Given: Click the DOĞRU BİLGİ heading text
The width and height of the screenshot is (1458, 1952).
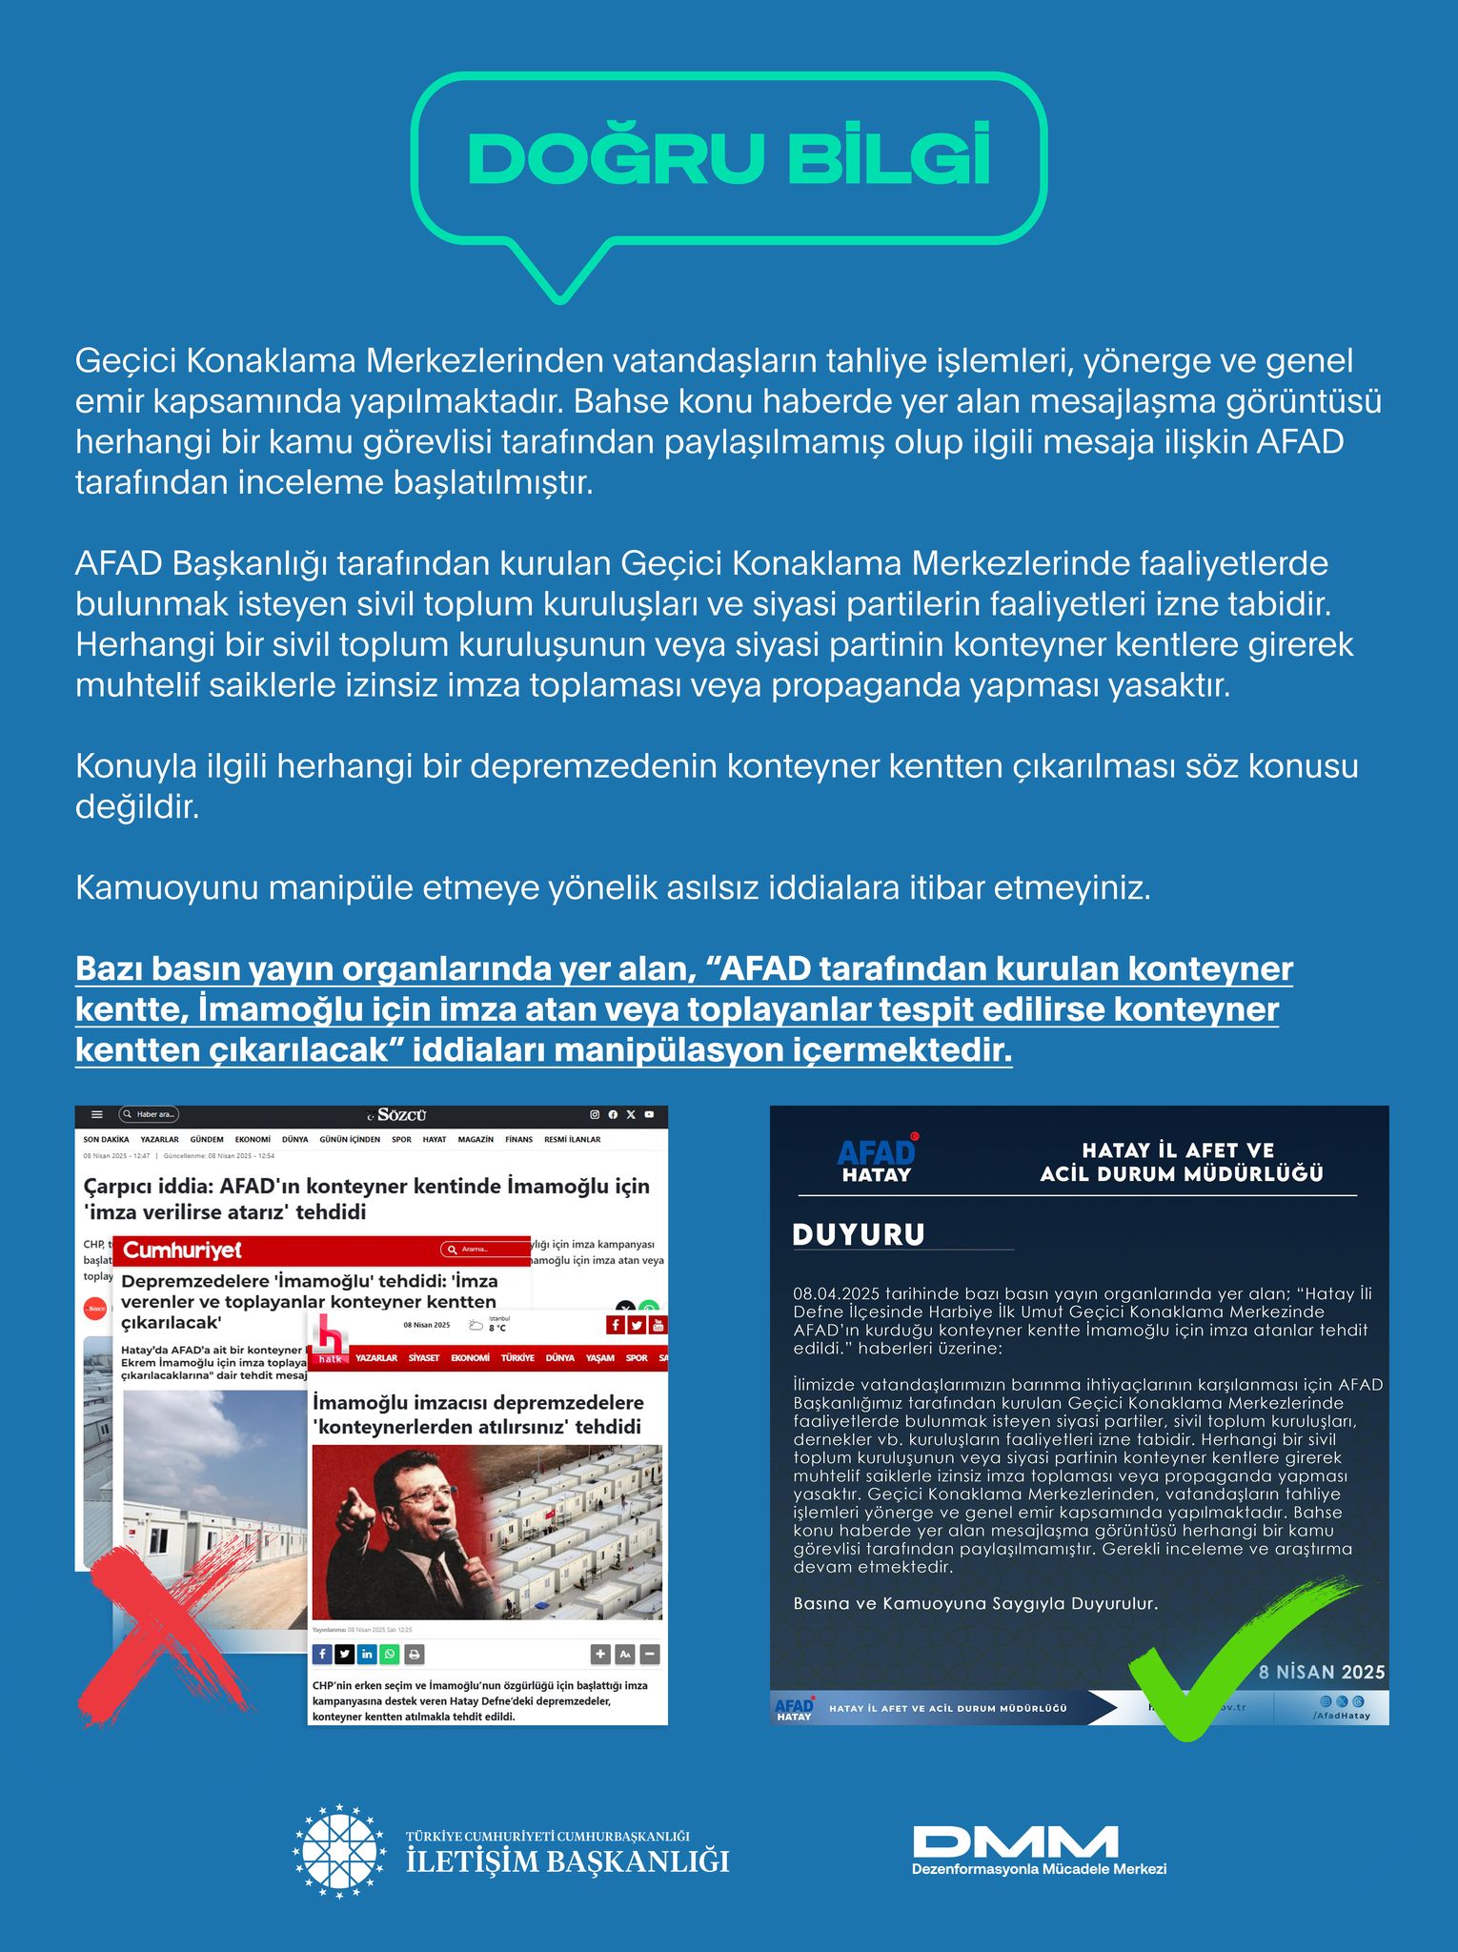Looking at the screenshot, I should pyautogui.click(x=729, y=157).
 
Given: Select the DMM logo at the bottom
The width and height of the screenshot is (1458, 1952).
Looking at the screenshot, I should pyautogui.click(x=1015, y=1840).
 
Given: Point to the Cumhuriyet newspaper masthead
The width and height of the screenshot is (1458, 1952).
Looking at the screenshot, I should pyautogui.click(x=183, y=1250).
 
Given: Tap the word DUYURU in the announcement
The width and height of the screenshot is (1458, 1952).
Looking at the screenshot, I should pyautogui.click(x=859, y=1234).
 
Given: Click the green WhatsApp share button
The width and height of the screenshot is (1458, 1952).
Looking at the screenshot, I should pyautogui.click(x=390, y=1655).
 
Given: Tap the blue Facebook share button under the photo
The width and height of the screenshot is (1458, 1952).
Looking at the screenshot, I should pyautogui.click(x=322, y=1655).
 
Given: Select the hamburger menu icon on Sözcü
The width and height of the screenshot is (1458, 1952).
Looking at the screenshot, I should pyautogui.click(x=96, y=1114).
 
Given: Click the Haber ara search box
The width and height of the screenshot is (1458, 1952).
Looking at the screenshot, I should pyautogui.click(x=149, y=1114).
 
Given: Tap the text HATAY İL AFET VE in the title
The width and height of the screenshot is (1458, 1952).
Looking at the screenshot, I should pyautogui.click(x=1178, y=1150).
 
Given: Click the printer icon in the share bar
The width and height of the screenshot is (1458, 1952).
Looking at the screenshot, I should pyautogui.click(x=414, y=1655).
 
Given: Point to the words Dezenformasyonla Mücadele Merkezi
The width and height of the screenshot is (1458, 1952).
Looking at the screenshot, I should pyautogui.click(x=1039, y=1869).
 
